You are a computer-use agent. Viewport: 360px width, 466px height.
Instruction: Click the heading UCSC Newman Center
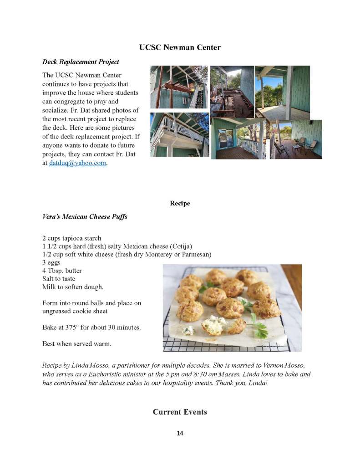(180, 47)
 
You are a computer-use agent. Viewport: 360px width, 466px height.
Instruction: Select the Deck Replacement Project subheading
(81, 61)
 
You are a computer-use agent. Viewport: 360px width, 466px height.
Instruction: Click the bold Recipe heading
(180, 203)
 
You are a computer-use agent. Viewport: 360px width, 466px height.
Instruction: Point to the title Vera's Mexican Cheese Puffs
(85, 216)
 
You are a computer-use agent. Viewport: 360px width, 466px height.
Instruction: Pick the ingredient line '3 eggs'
(51, 262)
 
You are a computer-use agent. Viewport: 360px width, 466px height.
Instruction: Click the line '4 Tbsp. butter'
(62, 271)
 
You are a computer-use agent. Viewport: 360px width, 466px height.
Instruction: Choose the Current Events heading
(180, 412)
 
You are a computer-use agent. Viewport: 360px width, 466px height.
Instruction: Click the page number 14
(180, 433)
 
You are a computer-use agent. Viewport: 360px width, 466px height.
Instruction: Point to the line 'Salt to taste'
(59, 278)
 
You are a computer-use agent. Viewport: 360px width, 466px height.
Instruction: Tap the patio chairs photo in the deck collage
(296, 139)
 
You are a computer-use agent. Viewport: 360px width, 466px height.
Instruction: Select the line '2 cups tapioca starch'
(71, 238)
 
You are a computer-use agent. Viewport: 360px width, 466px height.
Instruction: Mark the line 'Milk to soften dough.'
(73, 287)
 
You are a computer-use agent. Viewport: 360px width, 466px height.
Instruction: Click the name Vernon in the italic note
(268, 366)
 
